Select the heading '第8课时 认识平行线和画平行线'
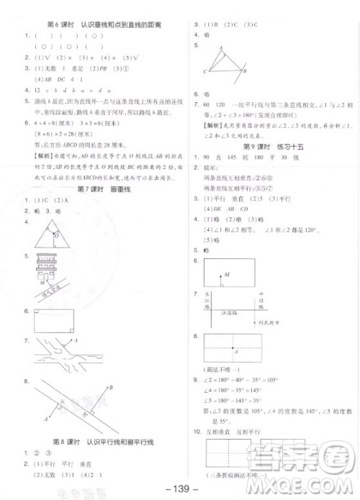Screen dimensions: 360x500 [x=104, y=441]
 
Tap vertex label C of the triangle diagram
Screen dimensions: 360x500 [x=205, y=71]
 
